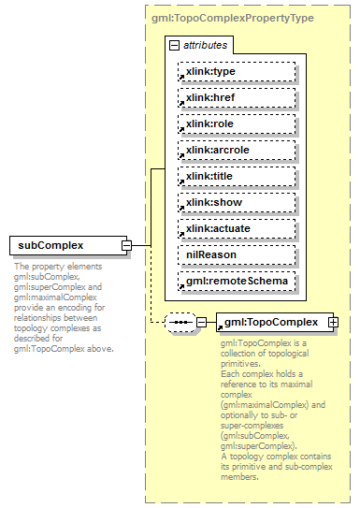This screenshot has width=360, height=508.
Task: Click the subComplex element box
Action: coord(65,246)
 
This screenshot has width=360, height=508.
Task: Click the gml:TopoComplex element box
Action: coord(271,323)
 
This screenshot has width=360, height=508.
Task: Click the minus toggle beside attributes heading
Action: coord(175,45)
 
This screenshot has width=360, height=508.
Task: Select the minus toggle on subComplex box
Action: coord(126,246)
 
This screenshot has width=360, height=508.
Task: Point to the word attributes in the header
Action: coord(204,45)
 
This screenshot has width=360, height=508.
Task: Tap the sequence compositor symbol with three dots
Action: coord(179,323)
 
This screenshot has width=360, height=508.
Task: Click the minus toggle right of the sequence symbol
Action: coord(201,323)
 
